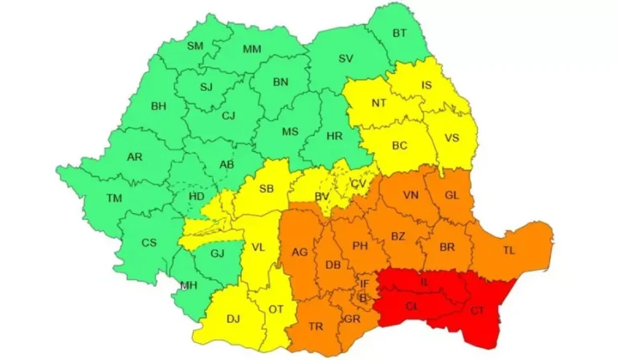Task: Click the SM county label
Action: tap(195, 46)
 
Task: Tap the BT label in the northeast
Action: tap(399, 33)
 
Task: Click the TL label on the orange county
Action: tap(509, 251)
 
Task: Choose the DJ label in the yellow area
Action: tap(233, 319)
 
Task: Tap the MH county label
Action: tap(189, 285)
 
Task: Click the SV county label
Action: tap(345, 59)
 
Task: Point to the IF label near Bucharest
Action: tap(364, 283)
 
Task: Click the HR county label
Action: tap(335, 136)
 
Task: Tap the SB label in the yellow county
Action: tap(268, 190)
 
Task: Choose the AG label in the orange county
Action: tap(300, 252)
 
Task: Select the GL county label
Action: tap(452, 195)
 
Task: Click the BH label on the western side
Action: tap(158, 104)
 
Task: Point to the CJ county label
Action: tap(229, 116)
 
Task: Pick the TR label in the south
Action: tap(315, 327)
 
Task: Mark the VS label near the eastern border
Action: tap(452, 137)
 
